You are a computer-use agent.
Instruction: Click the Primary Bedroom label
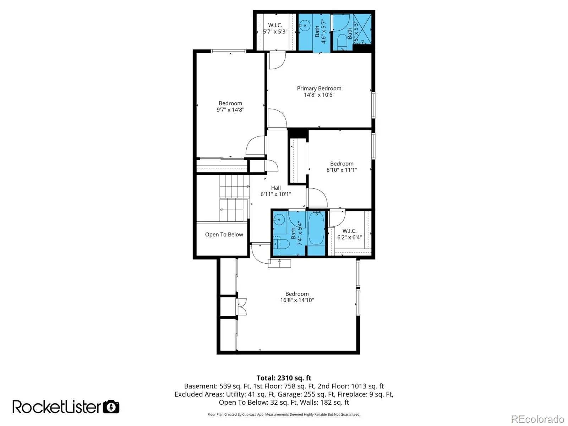click(x=319, y=88)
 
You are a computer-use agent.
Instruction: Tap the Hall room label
click(x=275, y=188)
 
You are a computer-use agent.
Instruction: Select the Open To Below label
click(x=224, y=234)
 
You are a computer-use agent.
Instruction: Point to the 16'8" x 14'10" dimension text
click(x=297, y=300)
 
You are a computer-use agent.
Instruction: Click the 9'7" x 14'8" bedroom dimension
click(x=230, y=109)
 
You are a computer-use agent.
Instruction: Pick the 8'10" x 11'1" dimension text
click(x=342, y=170)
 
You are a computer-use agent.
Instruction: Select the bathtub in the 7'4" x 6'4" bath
click(x=316, y=228)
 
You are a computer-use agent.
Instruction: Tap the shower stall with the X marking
click(x=362, y=29)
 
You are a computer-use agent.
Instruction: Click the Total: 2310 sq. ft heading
click(x=284, y=378)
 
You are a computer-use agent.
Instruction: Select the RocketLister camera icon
click(x=111, y=407)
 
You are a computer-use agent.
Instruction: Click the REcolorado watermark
click(x=538, y=419)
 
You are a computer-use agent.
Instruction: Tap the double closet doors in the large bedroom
click(x=241, y=307)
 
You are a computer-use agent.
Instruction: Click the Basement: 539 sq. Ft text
click(x=217, y=386)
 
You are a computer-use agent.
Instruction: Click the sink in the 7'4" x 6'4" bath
click(x=279, y=220)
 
